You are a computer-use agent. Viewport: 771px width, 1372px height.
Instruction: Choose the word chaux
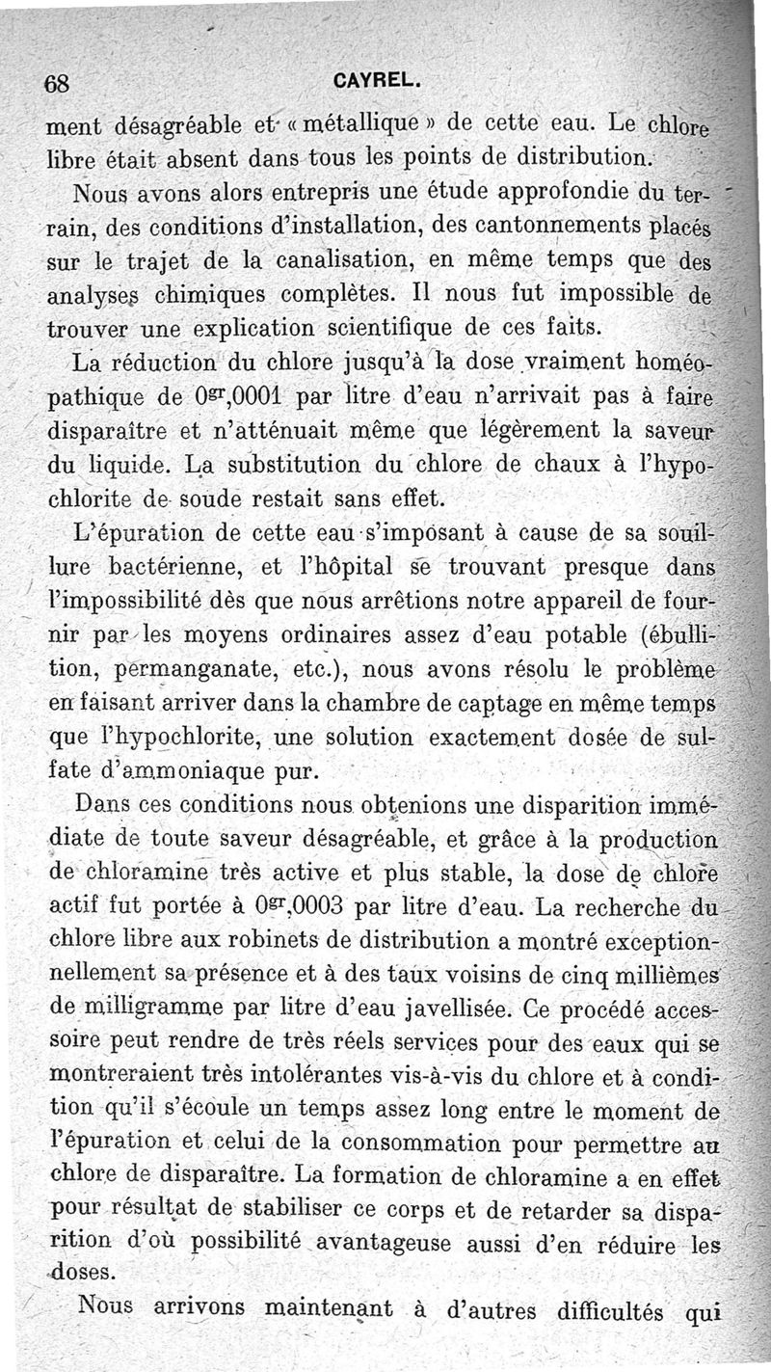[561, 463]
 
